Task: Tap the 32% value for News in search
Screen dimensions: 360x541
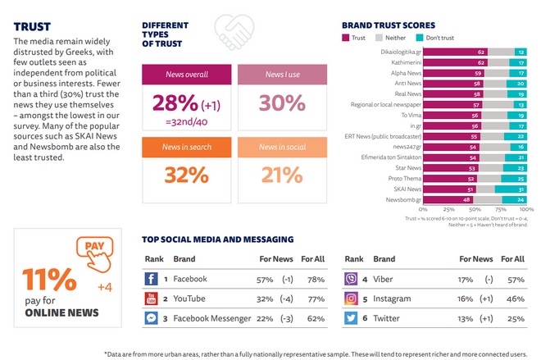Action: (184, 175)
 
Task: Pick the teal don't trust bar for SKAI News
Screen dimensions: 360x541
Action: (521, 188)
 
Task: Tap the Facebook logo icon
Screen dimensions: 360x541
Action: (151, 279)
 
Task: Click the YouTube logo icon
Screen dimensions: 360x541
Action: (151, 298)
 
